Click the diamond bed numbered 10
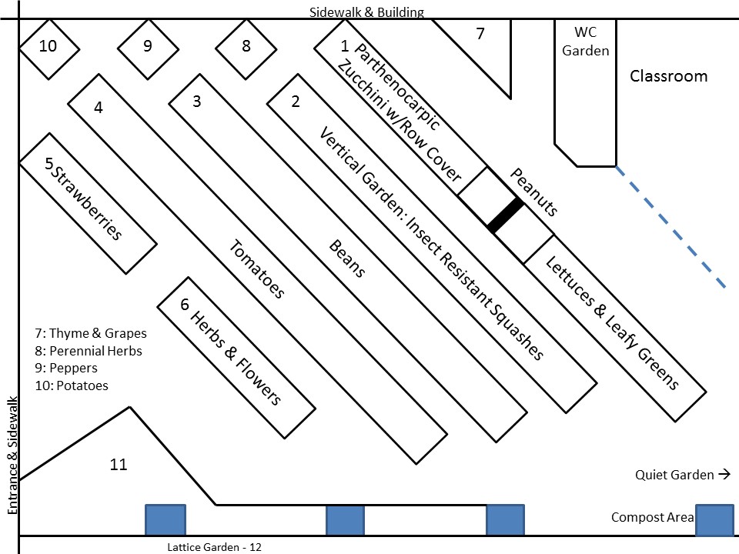point(48,47)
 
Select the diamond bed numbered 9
point(147,47)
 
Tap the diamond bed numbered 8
point(246,47)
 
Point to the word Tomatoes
point(257,269)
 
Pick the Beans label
point(347,259)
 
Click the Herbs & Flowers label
point(236,359)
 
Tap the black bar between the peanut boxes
point(505,215)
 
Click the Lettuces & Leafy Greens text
point(612,324)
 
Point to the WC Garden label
point(586,42)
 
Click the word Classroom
point(668,76)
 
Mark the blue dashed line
point(670,228)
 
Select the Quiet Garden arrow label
point(682,475)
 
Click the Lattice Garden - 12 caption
point(215,547)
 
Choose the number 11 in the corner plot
point(118,465)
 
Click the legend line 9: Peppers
point(66,368)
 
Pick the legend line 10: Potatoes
point(72,385)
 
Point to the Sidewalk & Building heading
point(366,12)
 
